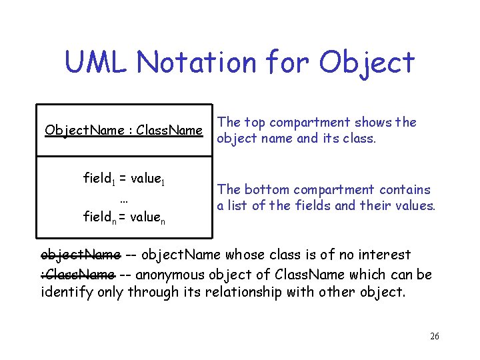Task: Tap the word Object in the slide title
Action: pos(366,62)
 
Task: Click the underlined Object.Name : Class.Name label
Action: pos(123,130)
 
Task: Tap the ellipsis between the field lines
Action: pos(123,199)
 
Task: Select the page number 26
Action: pos(435,337)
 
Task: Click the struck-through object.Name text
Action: pos(81,255)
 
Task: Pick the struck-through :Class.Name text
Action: pos(78,273)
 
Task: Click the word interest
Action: pos(384,255)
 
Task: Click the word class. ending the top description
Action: pos(359,139)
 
